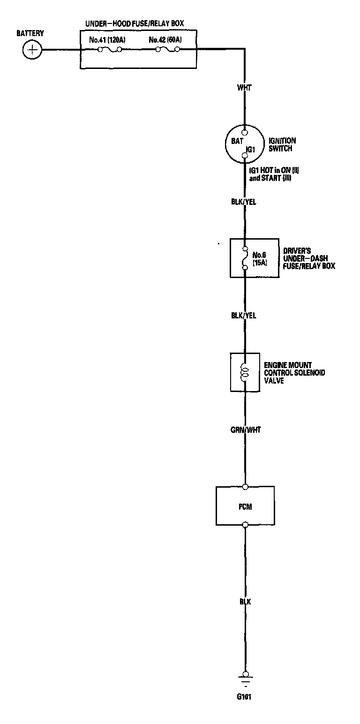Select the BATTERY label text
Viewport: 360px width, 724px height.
30,33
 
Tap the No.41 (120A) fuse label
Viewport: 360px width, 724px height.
107,40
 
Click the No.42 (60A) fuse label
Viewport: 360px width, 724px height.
165,40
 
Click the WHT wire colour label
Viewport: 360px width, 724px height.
245,88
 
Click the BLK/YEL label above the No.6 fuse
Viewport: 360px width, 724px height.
244,202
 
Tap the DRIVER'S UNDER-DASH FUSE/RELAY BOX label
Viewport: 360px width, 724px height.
309,258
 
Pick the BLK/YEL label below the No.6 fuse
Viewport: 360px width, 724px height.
244,316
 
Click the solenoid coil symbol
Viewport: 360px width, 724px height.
244,372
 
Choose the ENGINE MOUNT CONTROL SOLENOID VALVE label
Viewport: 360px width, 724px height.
294,372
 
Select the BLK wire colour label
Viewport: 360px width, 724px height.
245,602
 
